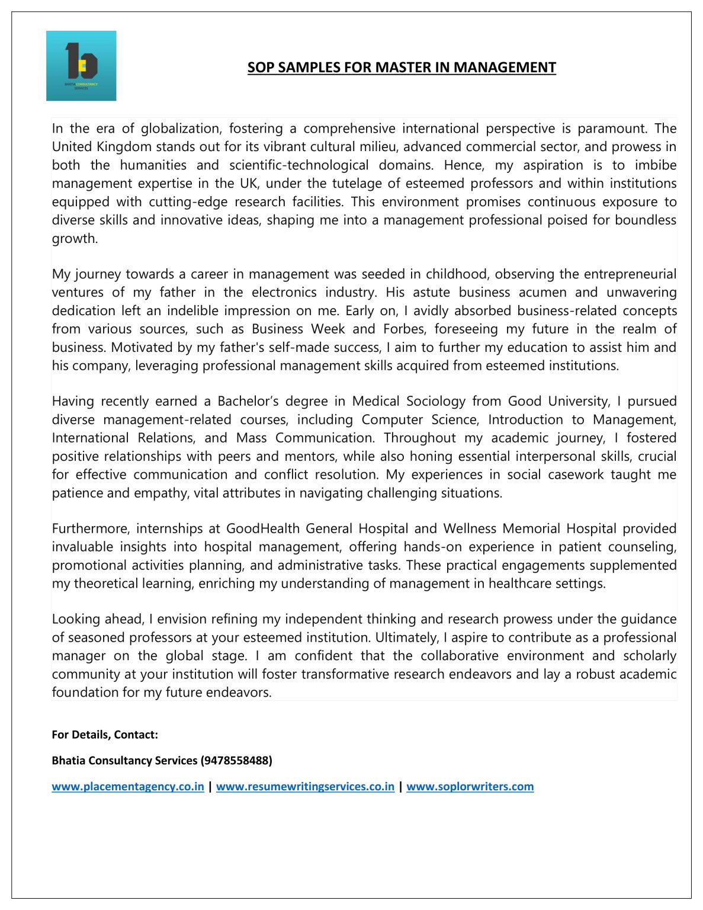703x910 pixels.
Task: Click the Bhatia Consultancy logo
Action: click(x=81, y=66)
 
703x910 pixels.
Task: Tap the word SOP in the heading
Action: click(x=261, y=68)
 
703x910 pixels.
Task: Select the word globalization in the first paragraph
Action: click(x=181, y=129)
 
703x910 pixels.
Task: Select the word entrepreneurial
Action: click(x=630, y=274)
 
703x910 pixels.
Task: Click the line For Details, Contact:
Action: click(x=105, y=735)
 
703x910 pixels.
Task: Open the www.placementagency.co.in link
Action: click(x=128, y=787)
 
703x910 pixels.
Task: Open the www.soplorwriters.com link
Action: click(x=470, y=787)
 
